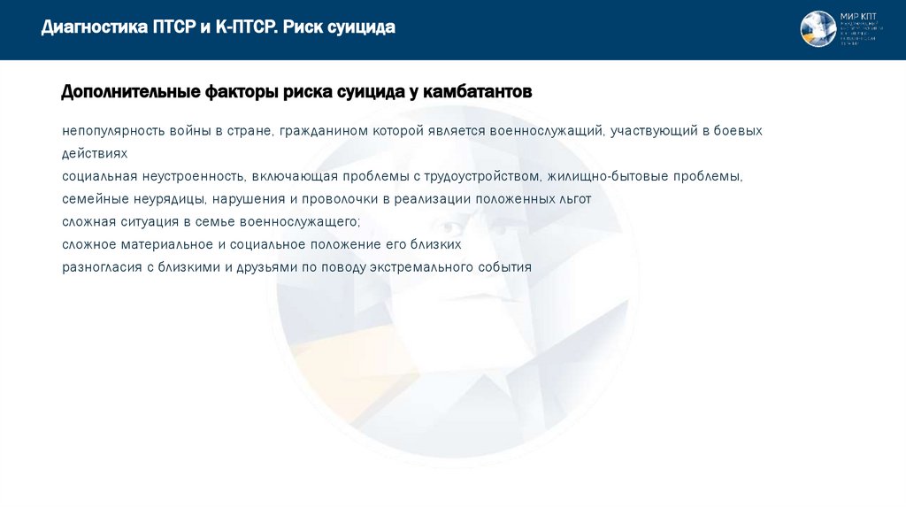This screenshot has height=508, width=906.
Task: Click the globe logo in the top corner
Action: tap(818, 29)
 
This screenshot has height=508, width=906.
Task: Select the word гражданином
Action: tap(323, 131)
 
